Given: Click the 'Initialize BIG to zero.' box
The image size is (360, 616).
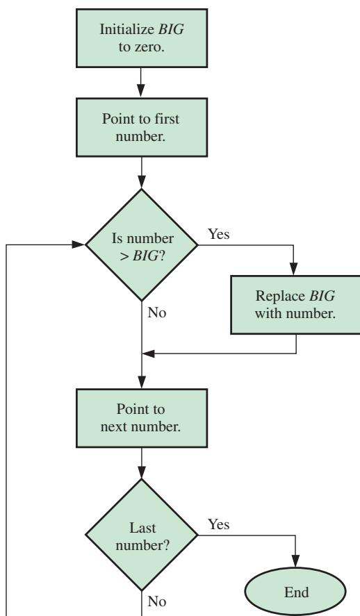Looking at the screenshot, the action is (x=142, y=38).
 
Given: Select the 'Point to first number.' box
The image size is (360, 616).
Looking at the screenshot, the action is (x=142, y=127).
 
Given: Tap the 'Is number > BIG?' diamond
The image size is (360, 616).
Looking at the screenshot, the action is (x=142, y=245).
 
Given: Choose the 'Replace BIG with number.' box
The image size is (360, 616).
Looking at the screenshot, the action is (x=295, y=305).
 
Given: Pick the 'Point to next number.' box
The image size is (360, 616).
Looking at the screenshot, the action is (x=142, y=418).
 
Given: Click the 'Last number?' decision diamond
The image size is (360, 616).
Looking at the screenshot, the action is (x=142, y=535).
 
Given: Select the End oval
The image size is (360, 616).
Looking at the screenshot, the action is (x=295, y=591).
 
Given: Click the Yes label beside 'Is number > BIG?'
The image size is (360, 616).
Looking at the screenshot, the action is (x=219, y=234).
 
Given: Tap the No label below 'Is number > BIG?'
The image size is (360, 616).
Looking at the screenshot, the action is (x=157, y=313).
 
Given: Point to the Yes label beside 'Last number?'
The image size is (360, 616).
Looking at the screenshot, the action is (x=219, y=524).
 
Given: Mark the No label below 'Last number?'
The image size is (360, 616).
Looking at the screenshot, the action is (x=157, y=601).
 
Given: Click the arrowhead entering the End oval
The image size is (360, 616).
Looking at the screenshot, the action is (x=295, y=562).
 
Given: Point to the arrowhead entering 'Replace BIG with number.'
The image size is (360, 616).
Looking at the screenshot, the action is (x=293, y=269).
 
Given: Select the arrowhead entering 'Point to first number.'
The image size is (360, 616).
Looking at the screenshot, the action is (x=141, y=91).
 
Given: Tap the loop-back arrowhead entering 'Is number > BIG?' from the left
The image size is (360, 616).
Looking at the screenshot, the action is (x=79, y=244).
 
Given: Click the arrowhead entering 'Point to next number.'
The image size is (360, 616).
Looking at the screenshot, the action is (x=142, y=383).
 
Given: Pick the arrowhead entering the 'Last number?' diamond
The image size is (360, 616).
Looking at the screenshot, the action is (x=142, y=473).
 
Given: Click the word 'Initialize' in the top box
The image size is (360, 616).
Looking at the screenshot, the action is (x=127, y=29).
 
